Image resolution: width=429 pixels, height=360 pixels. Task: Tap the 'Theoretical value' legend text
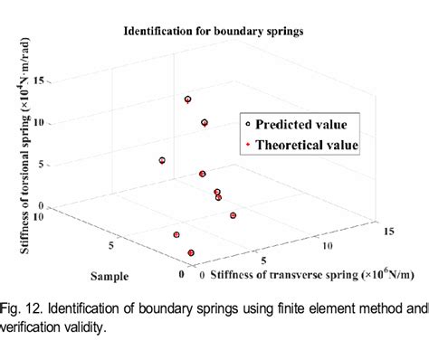coord(307,144)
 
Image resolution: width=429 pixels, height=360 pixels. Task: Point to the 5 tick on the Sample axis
coord(109,245)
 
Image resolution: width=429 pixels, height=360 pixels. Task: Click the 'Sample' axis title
coord(108,273)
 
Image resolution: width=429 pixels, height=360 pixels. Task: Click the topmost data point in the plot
coord(187,99)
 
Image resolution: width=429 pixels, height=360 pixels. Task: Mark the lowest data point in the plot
coord(191,253)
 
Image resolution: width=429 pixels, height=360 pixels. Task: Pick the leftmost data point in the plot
coord(162,160)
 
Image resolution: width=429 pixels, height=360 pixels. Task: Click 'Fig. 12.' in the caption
coord(20,309)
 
